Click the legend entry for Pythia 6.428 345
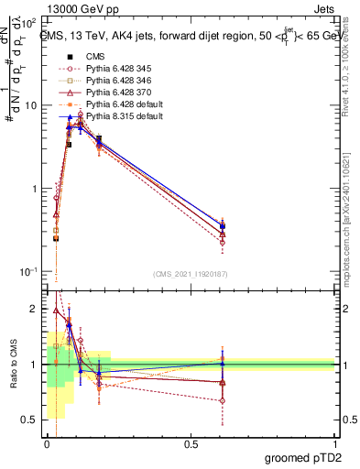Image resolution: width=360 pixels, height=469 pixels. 115,69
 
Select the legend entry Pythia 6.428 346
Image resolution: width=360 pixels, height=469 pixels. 115,81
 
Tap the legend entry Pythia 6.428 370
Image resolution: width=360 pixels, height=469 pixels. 115,93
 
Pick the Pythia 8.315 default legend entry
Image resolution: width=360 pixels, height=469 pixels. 119,116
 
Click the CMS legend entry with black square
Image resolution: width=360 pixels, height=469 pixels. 95,57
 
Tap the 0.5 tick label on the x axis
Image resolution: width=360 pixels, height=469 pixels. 190,443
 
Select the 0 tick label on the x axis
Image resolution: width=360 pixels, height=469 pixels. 47,443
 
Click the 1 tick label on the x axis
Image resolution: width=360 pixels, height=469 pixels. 334,443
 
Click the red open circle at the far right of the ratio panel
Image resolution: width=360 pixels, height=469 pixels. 223,400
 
